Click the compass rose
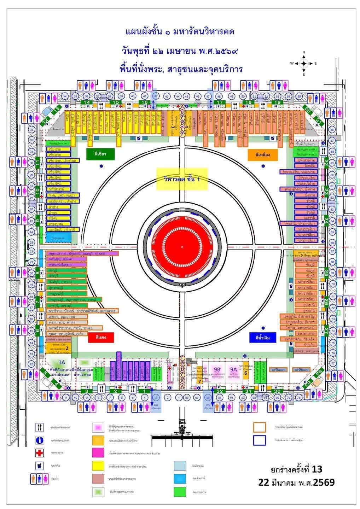tap(303, 64)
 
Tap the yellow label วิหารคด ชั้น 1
tap(182, 179)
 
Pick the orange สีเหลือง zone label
tap(263, 154)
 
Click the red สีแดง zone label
tap(101, 337)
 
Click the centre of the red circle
tap(182, 246)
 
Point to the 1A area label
tap(62, 362)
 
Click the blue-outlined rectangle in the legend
tap(259, 440)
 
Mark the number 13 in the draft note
tap(317, 469)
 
